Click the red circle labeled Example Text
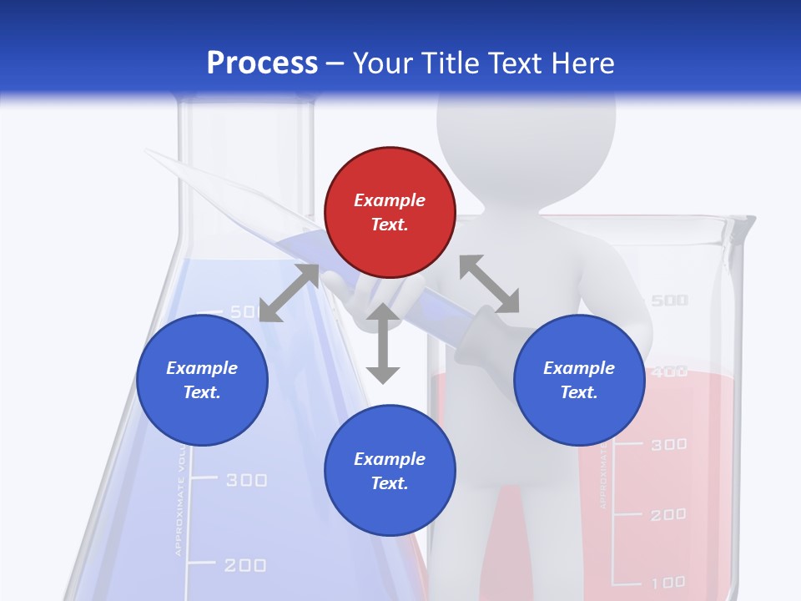[x=390, y=212]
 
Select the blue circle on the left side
[x=202, y=380]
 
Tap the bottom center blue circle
[x=390, y=471]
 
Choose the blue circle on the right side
[x=579, y=380]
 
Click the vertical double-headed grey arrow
[x=383, y=344]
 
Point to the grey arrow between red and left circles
[x=290, y=294]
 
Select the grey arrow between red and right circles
[x=489, y=284]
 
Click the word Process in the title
[x=262, y=63]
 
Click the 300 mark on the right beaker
[x=668, y=445]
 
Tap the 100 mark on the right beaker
[x=668, y=582]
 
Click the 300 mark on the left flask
[x=246, y=480]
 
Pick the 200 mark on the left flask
[x=245, y=566]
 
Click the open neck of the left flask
[x=247, y=109]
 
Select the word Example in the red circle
[x=390, y=200]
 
